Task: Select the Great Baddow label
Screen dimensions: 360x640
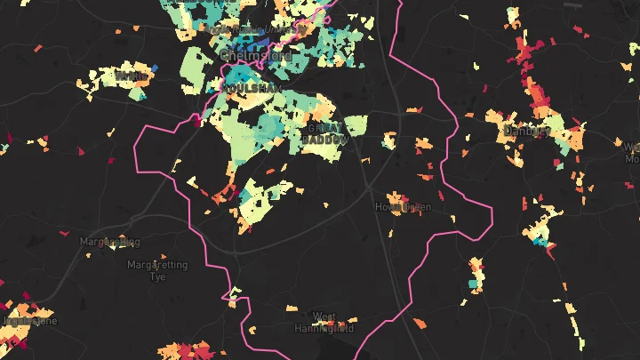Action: [324, 133]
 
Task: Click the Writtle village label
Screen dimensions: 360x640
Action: [131, 78]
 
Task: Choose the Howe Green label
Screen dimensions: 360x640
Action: [404, 207]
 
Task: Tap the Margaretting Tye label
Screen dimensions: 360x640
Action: [148, 270]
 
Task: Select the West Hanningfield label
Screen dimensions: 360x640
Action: [324, 322]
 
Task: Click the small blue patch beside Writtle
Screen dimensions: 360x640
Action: [155, 68]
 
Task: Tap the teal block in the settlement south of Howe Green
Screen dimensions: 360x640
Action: [473, 284]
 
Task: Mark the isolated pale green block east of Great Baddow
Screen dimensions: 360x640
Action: [356, 125]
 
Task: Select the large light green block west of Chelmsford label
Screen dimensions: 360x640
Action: [196, 62]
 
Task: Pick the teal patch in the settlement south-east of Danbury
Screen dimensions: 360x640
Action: [540, 240]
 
